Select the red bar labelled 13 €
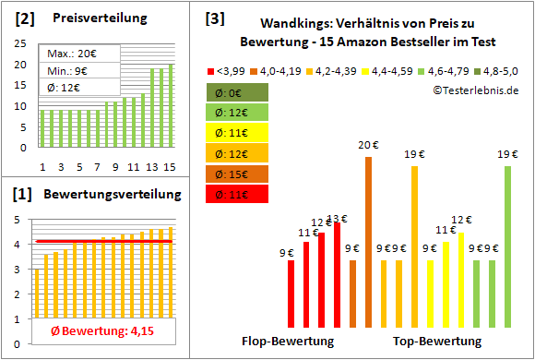(337, 275)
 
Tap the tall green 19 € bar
(507, 246)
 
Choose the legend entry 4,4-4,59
(391, 70)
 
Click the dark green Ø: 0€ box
(238, 92)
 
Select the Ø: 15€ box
(238, 174)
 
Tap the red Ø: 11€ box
(238, 194)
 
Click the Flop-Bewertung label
(287, 342)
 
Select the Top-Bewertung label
(437, 342)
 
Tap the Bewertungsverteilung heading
(106, 195)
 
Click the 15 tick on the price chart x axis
(169, 166)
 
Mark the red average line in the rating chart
(101, 241)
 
